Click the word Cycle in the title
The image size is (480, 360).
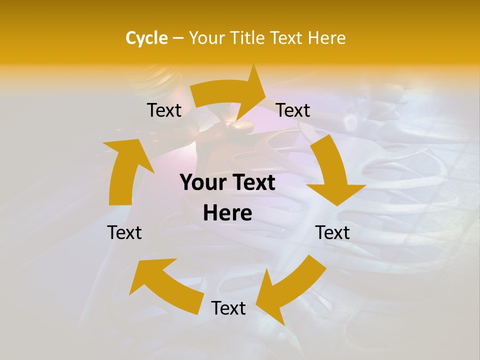click(x=146, y=38)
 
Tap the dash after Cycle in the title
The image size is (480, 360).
click(x=178, y=38)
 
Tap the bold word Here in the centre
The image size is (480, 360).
click(x=227, y=213)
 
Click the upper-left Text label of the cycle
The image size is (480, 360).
click(x=164, y=110)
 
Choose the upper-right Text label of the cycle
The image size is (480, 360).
click(x=293, y=110)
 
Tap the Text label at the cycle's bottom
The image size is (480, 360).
click(x=228, y=308)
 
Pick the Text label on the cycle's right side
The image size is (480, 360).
click(x=332, y=232)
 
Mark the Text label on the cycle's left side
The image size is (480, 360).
click(x=124, y=232)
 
